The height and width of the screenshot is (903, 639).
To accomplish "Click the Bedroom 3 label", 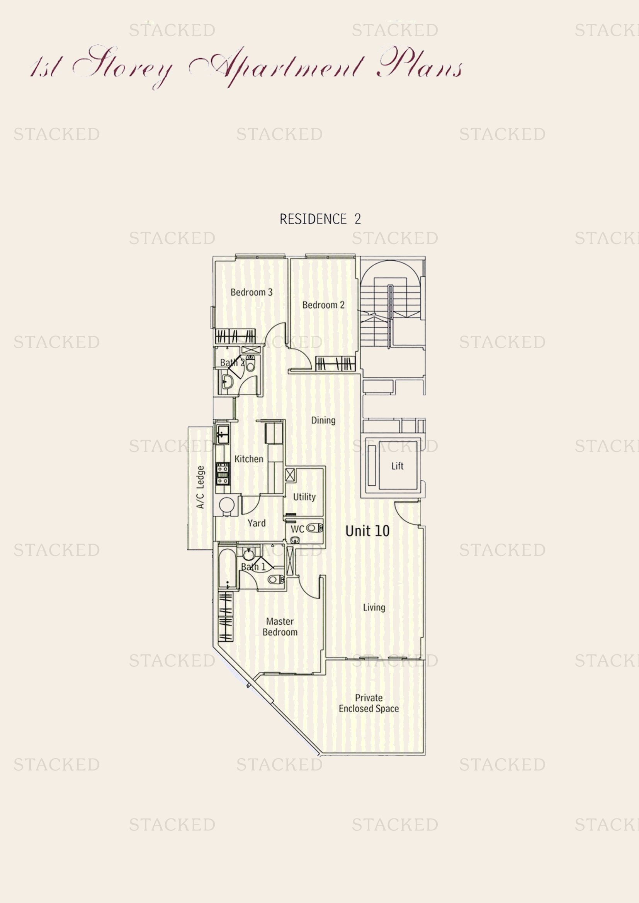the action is coord(252,292).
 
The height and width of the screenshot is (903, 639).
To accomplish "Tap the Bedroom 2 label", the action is coord(323,305).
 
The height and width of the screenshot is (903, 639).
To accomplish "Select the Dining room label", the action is coord(323,420).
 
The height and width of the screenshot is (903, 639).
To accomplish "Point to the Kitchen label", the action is coord(249,459).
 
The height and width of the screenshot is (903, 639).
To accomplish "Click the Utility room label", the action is coord(304,497).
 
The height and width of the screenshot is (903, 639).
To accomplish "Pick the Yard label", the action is coord(257,523).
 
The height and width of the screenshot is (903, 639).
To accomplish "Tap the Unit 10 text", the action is coord(367,531).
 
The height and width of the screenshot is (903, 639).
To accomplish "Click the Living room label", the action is coord(374,608).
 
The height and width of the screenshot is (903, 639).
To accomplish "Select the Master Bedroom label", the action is coord(280,627).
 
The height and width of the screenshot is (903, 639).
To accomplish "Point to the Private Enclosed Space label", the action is coord(369,703).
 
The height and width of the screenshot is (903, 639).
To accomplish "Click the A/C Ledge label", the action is coord(200,487).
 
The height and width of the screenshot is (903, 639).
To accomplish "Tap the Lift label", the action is coord(398,466).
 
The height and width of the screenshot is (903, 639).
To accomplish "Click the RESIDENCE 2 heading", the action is coord(320,219).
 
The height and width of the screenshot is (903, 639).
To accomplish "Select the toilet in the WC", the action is coord(315,528).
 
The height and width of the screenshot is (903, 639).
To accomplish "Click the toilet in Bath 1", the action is coord(276,579).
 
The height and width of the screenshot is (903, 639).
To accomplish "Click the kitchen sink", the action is coord(222,434).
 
